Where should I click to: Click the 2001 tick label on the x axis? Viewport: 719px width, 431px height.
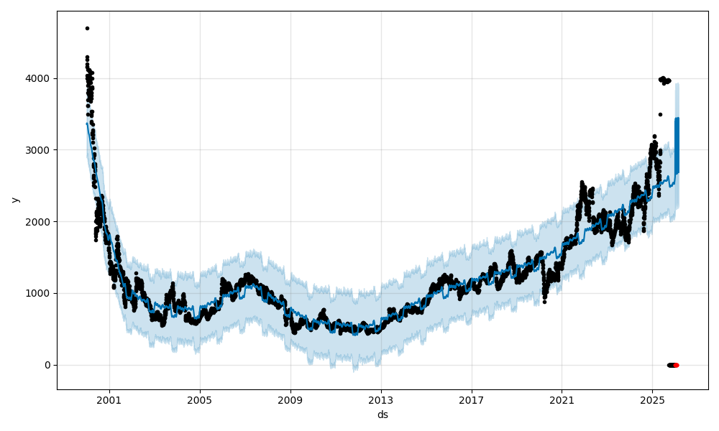[109, 400]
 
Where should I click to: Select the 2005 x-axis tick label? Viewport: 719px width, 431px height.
[200, 400]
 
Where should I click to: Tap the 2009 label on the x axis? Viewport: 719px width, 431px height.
[290, 400]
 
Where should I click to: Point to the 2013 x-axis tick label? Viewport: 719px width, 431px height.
[381, 400]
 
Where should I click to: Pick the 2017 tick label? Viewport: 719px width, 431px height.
[472, 400]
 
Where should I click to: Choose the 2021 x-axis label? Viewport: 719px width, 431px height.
[562, 400]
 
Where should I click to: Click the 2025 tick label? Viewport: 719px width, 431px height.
[652, 400]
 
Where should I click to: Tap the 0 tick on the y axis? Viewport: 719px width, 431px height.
[48, 365]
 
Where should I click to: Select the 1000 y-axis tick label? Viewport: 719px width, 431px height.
[39, 293]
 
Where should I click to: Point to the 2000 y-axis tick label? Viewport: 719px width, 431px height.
[39, 221]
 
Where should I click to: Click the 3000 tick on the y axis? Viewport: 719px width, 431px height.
[39, 149]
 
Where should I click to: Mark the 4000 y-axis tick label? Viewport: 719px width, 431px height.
[39, 78]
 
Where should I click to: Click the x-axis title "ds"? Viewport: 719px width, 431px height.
[383, 414]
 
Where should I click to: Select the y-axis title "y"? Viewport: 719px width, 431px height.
[14, 200]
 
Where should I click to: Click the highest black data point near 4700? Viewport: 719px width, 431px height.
[87, 28]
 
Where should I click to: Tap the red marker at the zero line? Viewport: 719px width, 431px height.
[676, 365]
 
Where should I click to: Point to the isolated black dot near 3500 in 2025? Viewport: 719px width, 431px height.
[660, 114]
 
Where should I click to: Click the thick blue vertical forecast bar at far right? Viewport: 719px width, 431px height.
[677, 144]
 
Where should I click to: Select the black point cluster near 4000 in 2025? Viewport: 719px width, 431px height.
[665, 80]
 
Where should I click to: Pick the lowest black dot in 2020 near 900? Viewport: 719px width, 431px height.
[544, 302]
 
